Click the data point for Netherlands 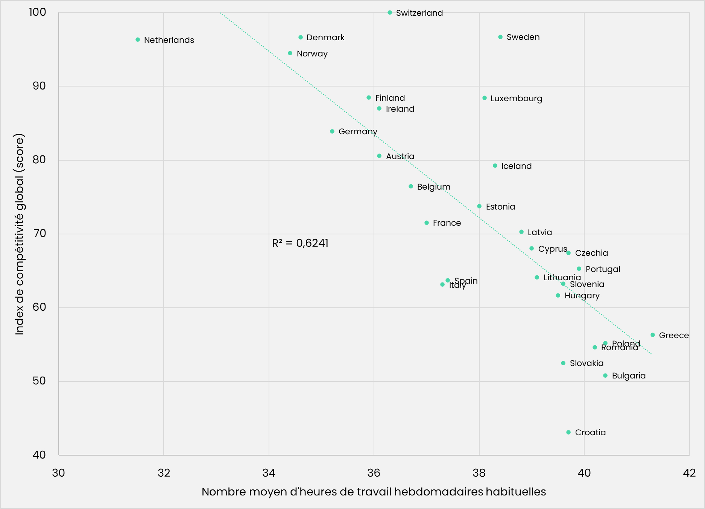click(138, 40)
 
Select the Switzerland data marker click(390, 12)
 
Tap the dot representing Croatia click(568, 432)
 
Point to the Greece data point click(653, 335)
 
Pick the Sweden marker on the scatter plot click(500, 37)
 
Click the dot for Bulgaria click(605, 375)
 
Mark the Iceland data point click(495, 166)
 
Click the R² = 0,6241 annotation click(300, 243)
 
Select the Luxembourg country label click(516, 99)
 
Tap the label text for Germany click(358, 132)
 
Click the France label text click(447, 223)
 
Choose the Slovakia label click(586, 363)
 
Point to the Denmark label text click(325, 38)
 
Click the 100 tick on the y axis click(38, 12)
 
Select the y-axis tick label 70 click(39, 234)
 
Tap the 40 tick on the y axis click(39, 455)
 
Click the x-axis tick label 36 click(374, 473)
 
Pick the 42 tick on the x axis click(689, 473)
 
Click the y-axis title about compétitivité click(20, 234)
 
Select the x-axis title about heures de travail click(374, 492)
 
